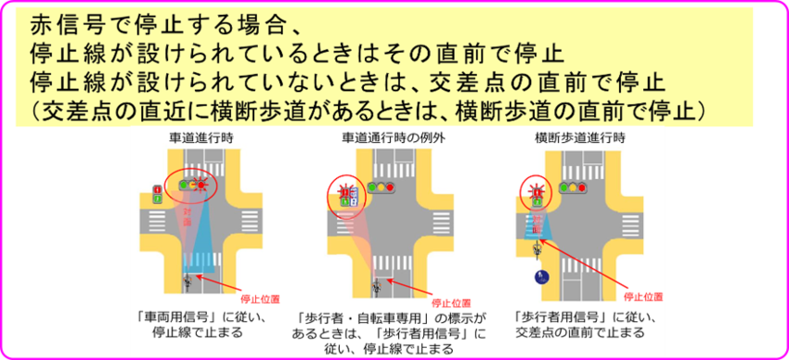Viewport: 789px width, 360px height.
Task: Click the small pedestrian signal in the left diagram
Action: coord(158,194)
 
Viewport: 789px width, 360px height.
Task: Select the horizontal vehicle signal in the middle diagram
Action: coord(382,187)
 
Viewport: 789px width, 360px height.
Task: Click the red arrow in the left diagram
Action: coord(224,284)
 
